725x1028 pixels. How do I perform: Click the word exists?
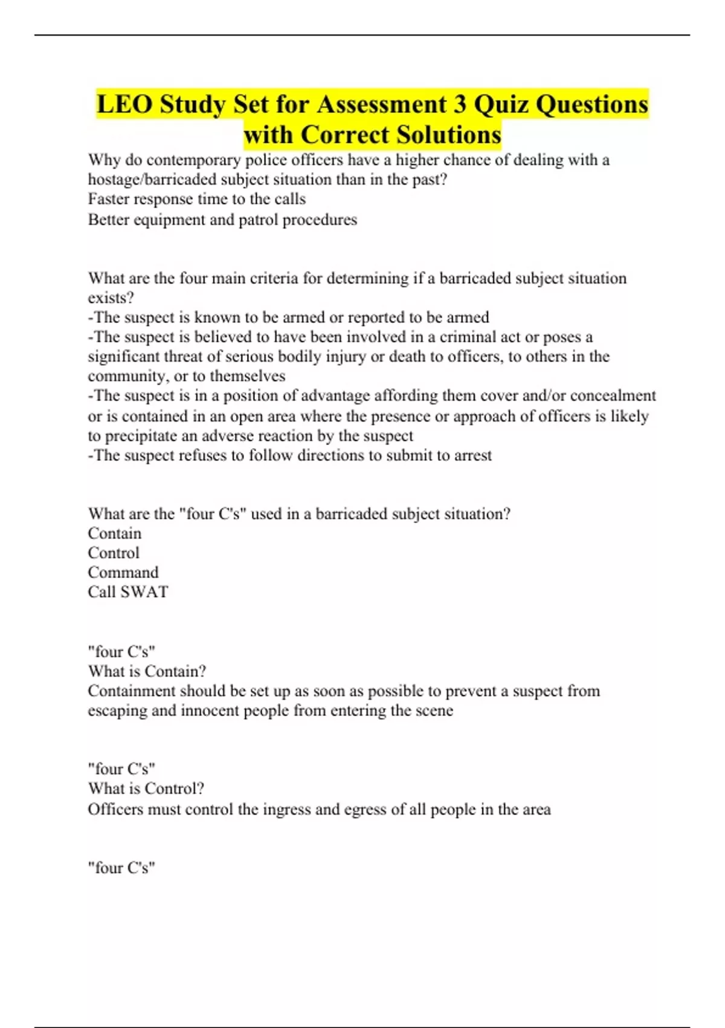tap(111, 298)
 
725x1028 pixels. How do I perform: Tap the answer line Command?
tap(123, 572)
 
